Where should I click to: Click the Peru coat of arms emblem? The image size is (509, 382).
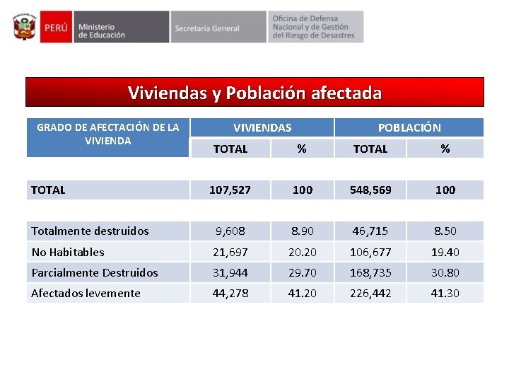point(24,27)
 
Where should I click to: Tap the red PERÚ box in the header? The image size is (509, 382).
point(55,28)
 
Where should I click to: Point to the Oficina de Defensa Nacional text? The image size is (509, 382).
point(314,27)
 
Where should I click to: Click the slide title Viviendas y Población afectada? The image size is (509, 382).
point(255,93)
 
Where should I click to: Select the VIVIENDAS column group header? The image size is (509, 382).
point(262,127)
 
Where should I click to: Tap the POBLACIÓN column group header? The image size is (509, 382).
point(409,127)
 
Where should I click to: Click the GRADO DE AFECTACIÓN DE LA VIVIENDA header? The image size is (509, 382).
point(107,134)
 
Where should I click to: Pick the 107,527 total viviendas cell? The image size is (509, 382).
point(230,190)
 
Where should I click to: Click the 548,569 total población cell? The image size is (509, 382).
point(370,190)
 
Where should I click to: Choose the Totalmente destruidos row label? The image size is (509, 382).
point(90,231)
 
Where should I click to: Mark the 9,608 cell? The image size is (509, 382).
point(230,231)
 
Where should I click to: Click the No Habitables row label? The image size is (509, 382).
point(68,252)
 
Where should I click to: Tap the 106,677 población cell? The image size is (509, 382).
point(370,252)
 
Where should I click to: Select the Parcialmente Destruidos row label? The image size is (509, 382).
point(95,272)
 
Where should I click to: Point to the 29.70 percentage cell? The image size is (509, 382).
point(302,272)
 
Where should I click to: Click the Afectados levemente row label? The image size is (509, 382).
point(86,293)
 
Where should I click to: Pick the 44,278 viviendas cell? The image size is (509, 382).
point(230,293)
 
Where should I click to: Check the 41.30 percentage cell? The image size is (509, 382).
point(445,293)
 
